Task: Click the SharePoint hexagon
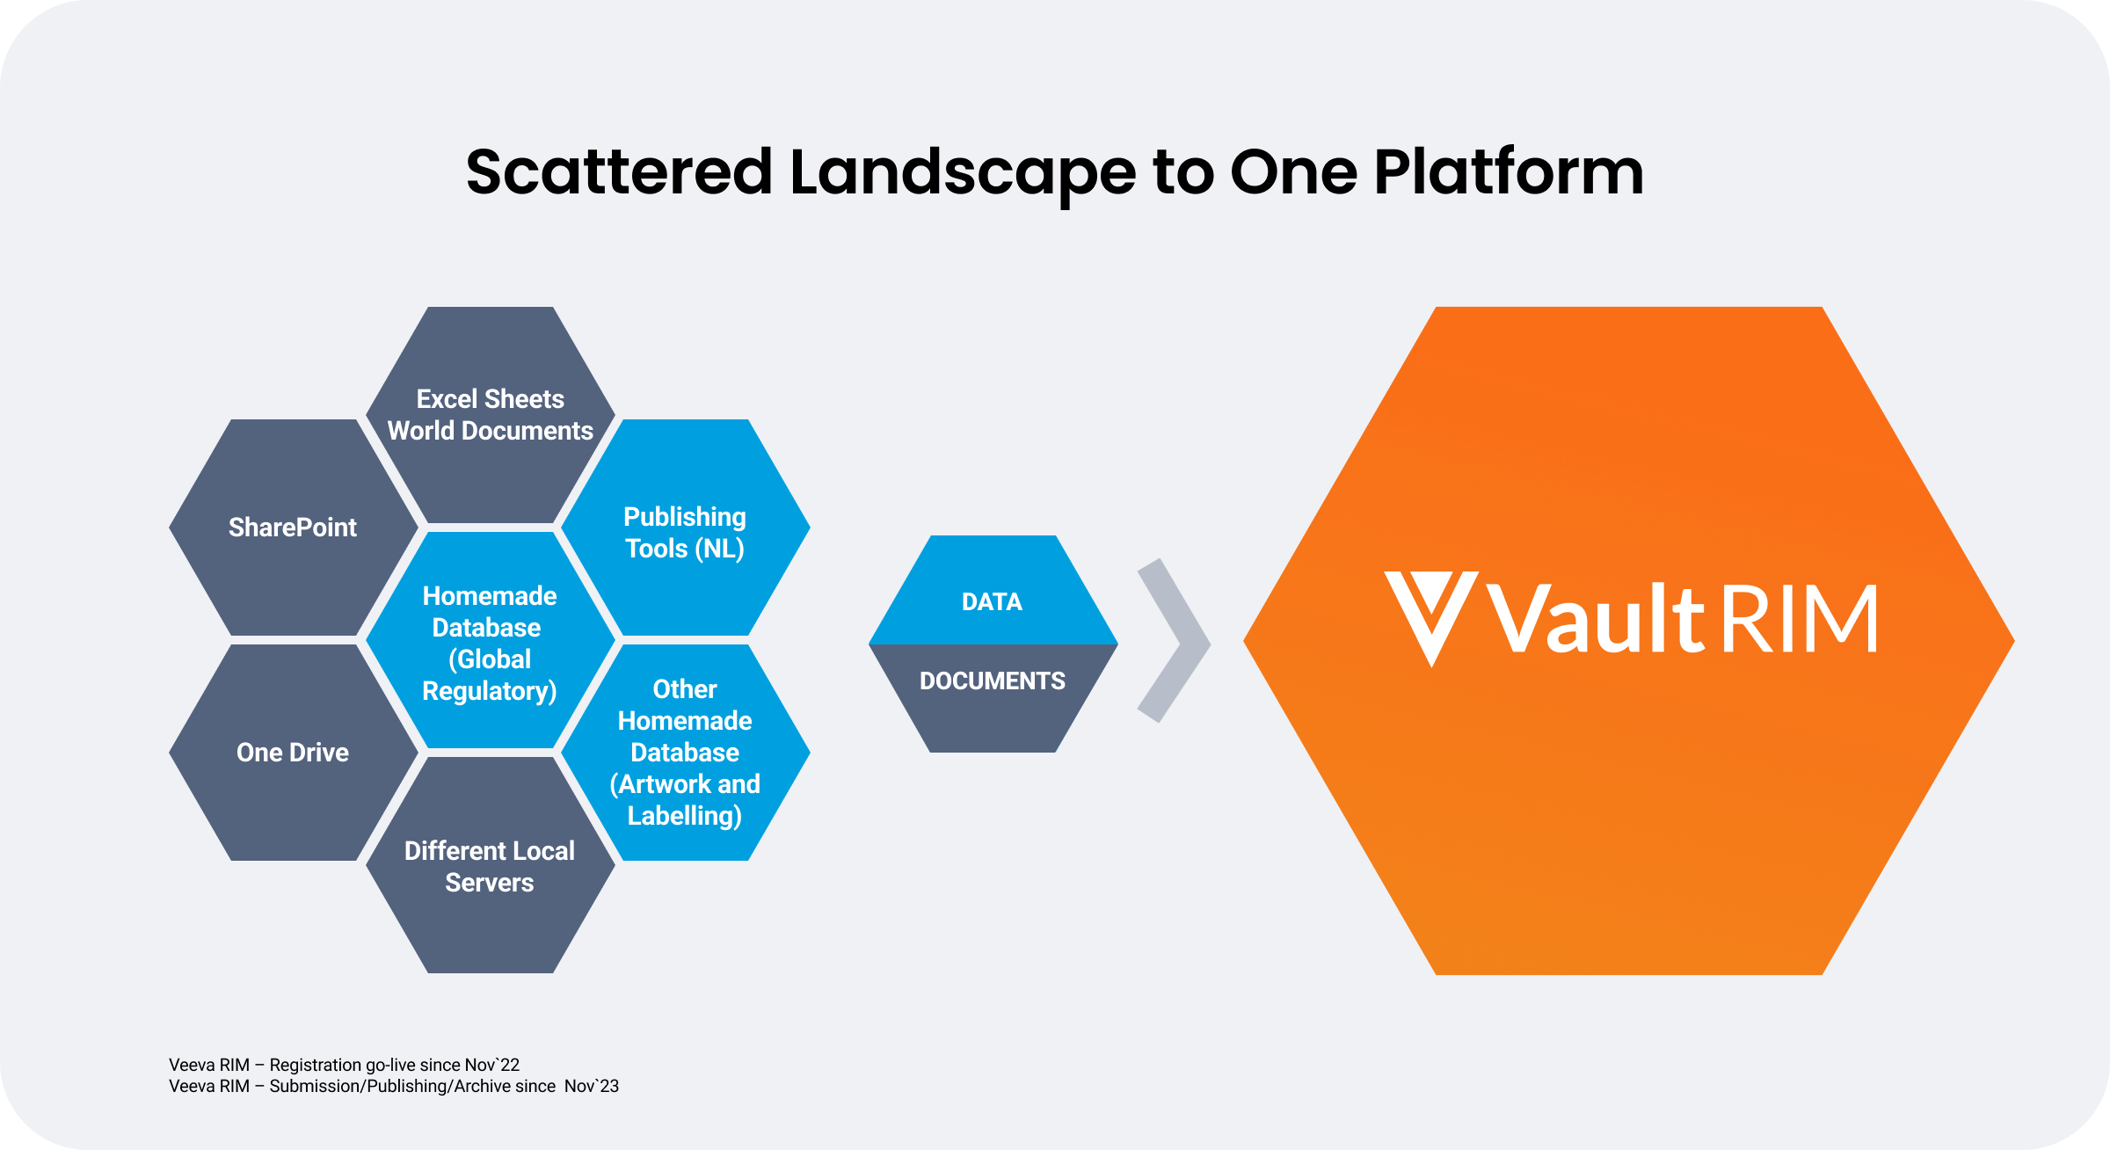[293, 528]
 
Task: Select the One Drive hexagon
[293, 753]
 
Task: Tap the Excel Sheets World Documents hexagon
[490, 415]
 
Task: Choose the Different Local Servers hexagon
[490, 866]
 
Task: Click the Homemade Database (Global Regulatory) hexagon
[490, 642]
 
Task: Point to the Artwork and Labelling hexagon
[685, 753]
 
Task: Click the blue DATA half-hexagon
[993, 598]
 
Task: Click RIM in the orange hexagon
[1799, 620]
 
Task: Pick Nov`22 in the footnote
[492, 1065]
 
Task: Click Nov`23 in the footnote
[592, 1086]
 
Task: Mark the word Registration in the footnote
[316, 1065]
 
